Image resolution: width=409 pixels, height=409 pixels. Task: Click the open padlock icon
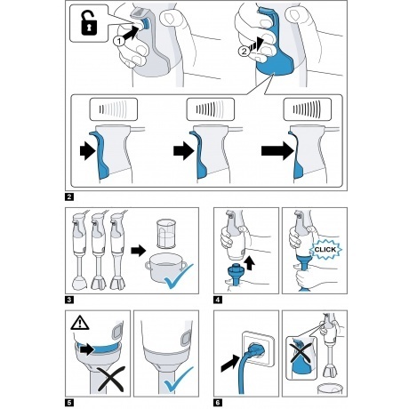(x=89, y=23)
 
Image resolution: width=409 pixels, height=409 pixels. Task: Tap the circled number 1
(x=119, y=41)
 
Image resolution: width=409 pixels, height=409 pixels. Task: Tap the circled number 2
(x=244, y=52)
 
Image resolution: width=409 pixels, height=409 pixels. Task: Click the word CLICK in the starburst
(x=325, y=250)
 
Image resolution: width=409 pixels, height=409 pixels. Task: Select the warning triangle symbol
(x=80, y=323)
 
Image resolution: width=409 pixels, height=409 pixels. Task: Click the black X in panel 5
(x=111, y=379)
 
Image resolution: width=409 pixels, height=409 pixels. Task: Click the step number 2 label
(x=69, y=196)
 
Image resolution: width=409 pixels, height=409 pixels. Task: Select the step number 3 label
(x=69, y=300)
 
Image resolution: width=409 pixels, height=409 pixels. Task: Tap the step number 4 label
(x=218, y=300)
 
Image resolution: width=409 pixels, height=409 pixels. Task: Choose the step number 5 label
(x=69, y=403)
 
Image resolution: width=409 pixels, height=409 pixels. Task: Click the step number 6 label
(x=218, y=403)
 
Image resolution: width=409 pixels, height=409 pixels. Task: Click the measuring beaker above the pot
(x=166, y=234)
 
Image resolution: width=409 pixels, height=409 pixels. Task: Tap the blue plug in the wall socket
(x=255, y=350)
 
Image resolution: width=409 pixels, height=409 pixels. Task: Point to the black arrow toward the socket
(x=231, y=364)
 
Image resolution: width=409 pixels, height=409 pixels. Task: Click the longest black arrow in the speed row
(x=277, y=151)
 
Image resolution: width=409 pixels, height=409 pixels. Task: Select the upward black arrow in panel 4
(x=250, y=263)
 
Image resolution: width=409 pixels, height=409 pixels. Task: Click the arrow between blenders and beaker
(x=139, y=251)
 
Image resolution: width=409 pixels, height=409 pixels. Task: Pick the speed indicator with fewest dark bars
(x=114, y=109)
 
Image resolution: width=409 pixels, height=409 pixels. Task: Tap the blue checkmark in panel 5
(x=179, y=380)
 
